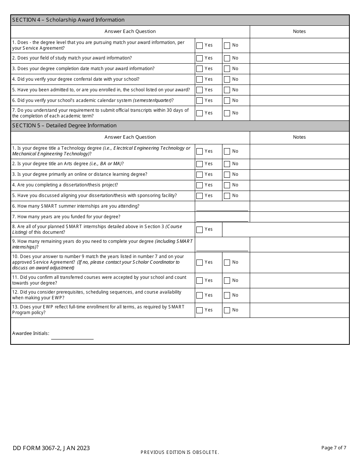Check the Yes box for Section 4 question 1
point(199,45)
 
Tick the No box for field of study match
point(227,58)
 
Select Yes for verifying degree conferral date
point(199,80)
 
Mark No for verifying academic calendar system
point(227,101)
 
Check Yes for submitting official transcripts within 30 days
point(199,113)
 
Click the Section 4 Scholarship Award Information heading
point(69,20)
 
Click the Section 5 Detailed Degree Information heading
point(64,126)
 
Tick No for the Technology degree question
point(227,152)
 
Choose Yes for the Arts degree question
point(199,164)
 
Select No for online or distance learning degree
point(227,175)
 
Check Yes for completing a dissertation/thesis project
point(199,185)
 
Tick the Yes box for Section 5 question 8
point(199,230)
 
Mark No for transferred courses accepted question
point(227,281)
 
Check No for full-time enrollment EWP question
point(227,310)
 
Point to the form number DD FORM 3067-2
point(51,448)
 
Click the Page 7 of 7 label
point(333,448)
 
